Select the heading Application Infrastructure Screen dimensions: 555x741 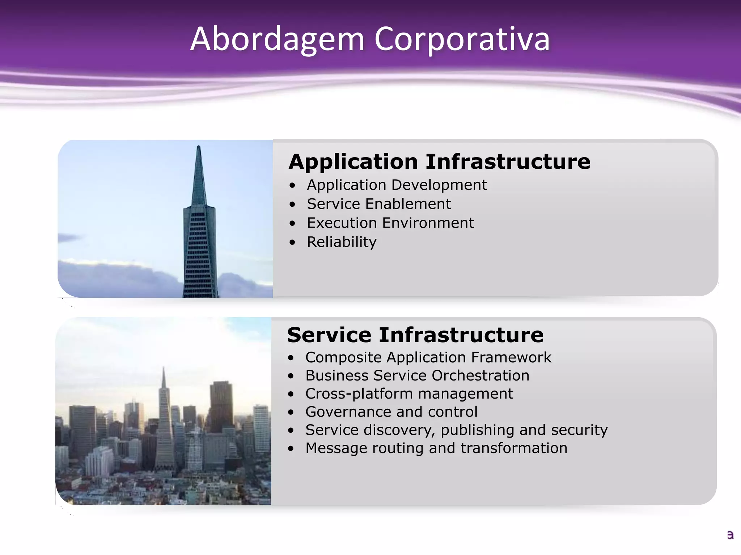[x=439, y=162]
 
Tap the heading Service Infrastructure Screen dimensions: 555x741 [x=415, y=335]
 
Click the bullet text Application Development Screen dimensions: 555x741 [x=397, y=185]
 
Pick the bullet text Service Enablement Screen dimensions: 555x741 [x=378, y=204]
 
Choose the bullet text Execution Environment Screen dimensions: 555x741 [x=390, y=223]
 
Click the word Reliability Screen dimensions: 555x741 [x=342, y=242]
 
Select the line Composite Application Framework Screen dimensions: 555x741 [x=428, y=358]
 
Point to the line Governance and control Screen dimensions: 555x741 [x=391, y=412]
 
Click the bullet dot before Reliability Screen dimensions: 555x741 [x=292, y=242]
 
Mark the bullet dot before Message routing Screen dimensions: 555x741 [x=291, y=449]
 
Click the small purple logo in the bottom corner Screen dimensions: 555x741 [x=730, y=535]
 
